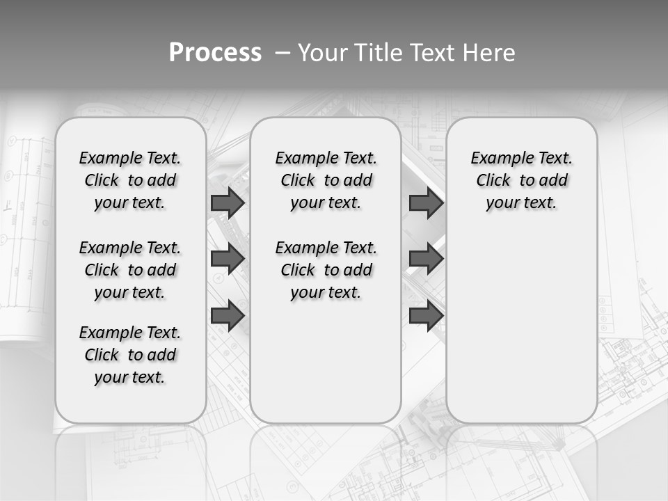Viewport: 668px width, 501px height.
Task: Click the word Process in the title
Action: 215,52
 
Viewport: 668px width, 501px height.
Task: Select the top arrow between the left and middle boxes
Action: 228,202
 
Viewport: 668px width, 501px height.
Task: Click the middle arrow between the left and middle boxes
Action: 228,259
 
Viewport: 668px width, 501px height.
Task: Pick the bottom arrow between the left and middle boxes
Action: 228,315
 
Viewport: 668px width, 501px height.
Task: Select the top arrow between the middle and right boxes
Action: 426,202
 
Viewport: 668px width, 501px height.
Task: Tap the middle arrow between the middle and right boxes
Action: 426,259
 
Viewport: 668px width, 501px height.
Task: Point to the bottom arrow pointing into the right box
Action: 426,315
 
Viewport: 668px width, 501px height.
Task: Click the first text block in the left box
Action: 130,180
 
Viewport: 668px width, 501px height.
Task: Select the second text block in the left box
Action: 130,270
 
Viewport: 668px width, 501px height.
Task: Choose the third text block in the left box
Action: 130,355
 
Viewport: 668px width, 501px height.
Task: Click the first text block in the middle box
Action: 326,180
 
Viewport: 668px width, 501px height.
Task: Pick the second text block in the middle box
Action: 326,270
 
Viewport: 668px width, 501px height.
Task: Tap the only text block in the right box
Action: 522,180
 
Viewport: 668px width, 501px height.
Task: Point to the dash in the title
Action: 283,53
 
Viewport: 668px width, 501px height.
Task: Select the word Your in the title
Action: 321,53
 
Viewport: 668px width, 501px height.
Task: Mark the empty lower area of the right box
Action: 522,327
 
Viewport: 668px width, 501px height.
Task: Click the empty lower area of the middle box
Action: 326,362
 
